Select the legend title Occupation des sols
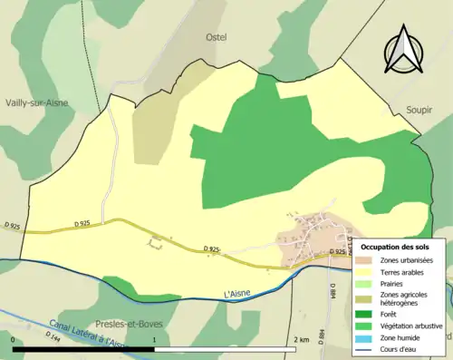pos(396,247)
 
